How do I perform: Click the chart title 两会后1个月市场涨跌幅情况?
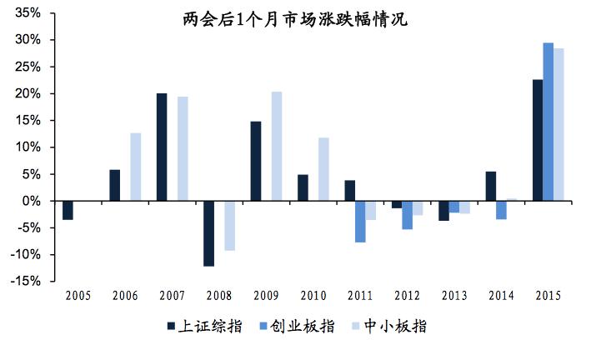pos(295,18)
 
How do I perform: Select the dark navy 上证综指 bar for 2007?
pos(162,147)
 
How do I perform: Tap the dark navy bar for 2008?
pos(208,233)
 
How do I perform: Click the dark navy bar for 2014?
pos(490,186)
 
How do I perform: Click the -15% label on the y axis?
pos(25,282)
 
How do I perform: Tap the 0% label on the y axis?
pos(31,201)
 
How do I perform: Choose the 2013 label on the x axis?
pos(453,296)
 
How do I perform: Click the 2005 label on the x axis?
pos(78,296)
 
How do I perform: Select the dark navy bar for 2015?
pos(537,140)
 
